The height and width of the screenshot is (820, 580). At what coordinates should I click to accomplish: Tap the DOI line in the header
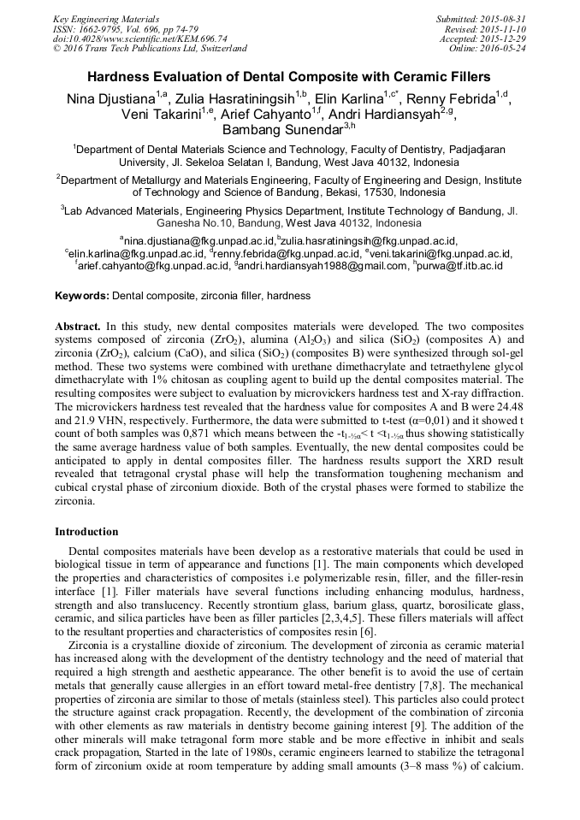point(140,38)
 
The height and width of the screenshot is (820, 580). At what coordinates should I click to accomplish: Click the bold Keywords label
point(82,296)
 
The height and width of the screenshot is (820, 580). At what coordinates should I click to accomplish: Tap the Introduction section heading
point(86,531)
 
